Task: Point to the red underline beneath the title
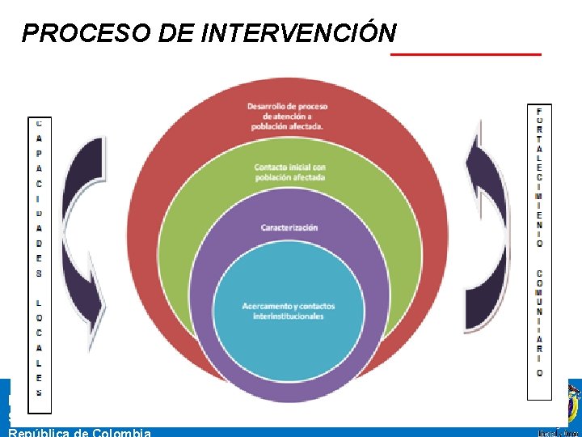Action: (466, 54)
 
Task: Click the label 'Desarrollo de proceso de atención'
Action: (287, 116)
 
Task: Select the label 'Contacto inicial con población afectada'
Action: (289, 172)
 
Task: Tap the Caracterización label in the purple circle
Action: (289, 227)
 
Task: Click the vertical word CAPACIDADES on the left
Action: (39, 198)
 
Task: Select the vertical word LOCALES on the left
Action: (39, 347)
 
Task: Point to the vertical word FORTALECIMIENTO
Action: (539, 176)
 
